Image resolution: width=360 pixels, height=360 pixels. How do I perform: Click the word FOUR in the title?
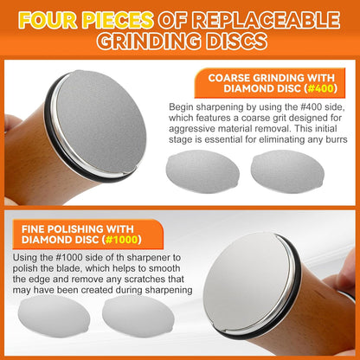click(x=48, y=20)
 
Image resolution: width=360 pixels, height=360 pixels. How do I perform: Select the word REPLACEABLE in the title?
click(x=266, y=20)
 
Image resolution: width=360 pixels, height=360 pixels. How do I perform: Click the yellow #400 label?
click(x=320, y=88)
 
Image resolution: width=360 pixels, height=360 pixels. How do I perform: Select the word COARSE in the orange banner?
click(x=228, y=78)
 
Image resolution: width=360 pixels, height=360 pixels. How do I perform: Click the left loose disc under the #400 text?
click(x=202, y=171)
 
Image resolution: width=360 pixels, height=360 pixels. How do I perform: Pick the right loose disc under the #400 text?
click(x=287, y=171)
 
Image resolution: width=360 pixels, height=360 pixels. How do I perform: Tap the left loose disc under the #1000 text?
click(x=54, y=316)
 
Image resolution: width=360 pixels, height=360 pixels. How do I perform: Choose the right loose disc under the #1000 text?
click(x=138, y=316)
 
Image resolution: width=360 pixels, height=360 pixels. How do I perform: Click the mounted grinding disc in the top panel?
click(x=101, y=122)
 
